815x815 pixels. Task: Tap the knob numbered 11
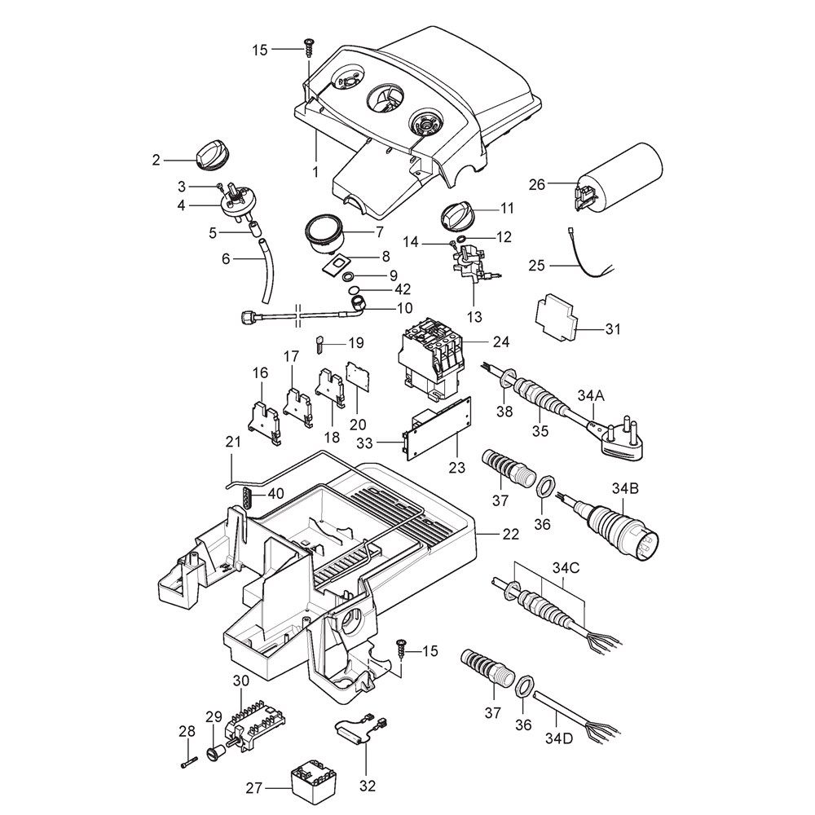(459, 216)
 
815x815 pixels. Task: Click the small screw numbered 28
(189, 763)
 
